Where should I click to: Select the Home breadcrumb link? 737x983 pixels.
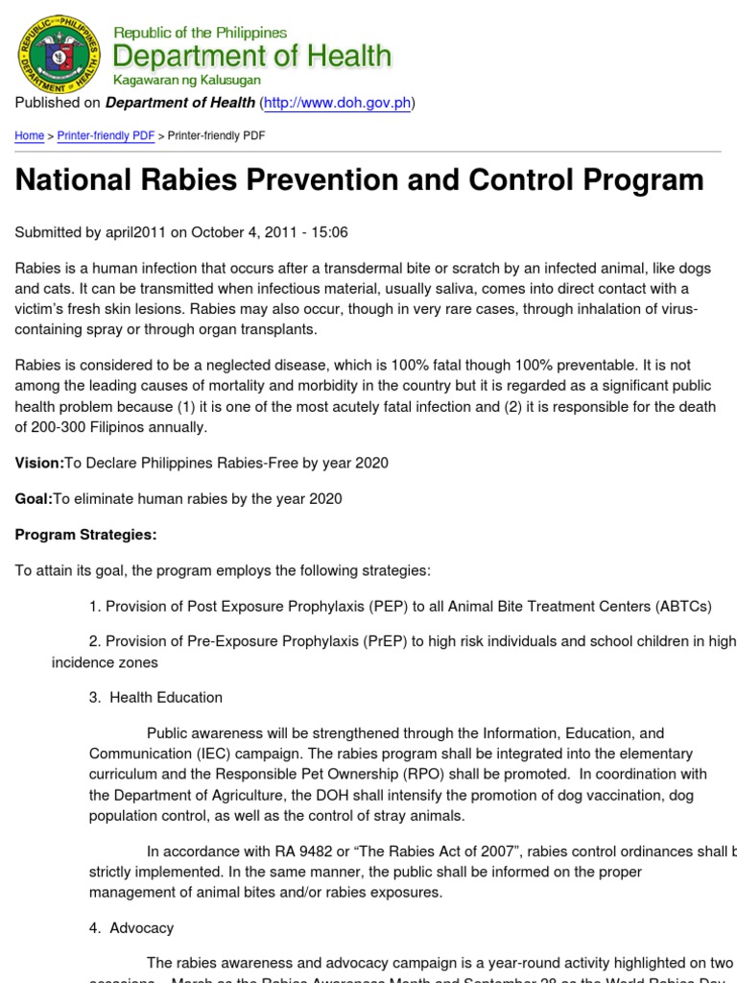[x=29, y=136]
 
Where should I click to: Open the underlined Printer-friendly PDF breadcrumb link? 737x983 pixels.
[x=106, y=136]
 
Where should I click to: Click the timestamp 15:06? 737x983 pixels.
[x=328, y=232]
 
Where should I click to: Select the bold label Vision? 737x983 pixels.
[x=39, y=463]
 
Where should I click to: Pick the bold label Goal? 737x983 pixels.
[x=34, y=498]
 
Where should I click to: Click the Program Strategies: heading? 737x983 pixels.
[x=85, y=534]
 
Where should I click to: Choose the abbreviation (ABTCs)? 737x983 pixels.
[x=683, y=606]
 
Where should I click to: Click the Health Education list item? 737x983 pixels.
[x=165, y=698]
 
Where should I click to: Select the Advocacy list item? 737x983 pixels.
[x=141, y=928]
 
